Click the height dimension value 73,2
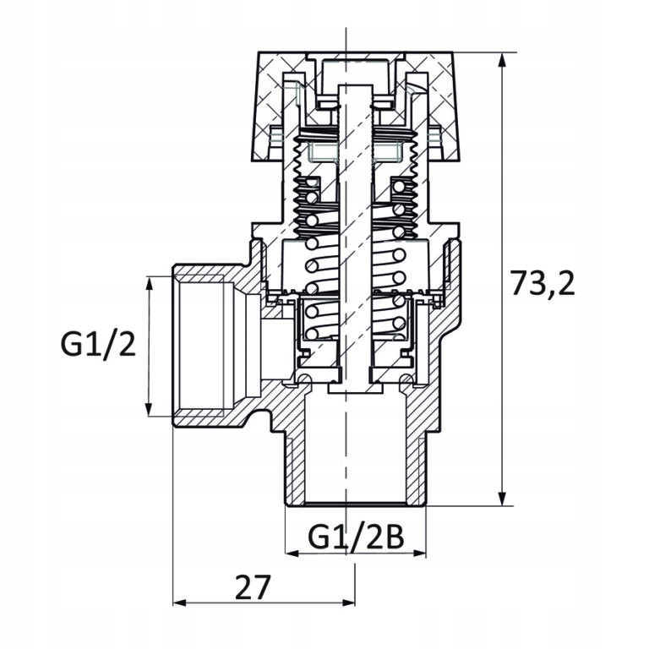point(543,284)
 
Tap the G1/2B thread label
point(355,537)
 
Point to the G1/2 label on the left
point(98,345)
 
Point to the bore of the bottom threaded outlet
point(355,456)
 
